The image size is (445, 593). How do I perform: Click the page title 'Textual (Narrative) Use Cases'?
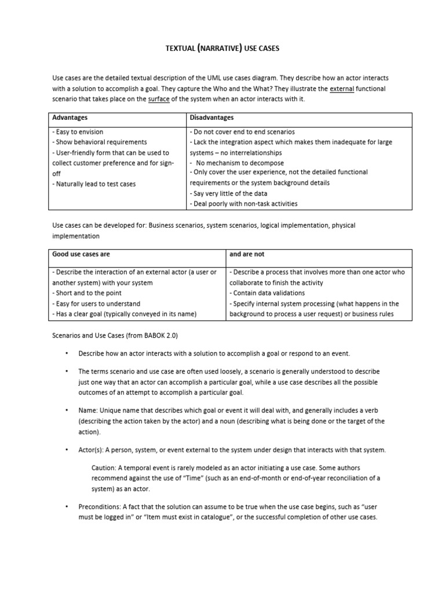tap(222, 49)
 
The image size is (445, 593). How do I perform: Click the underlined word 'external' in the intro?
tap(341, 89)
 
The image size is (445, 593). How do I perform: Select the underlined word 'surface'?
tap(160, 99)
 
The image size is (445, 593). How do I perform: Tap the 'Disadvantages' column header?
tap(212, 118)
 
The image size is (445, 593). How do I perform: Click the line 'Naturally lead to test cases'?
tap(94, 184)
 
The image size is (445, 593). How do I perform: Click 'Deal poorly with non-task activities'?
tap(243, 204)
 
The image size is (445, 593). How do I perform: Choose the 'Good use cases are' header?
tap(81, 254)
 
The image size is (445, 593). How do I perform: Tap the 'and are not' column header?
tap(247, 254)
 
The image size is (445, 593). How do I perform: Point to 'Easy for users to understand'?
tap(96, 303)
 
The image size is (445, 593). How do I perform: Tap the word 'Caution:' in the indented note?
tap(105, 467)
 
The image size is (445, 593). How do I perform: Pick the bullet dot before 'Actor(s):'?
tap(67, 450)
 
